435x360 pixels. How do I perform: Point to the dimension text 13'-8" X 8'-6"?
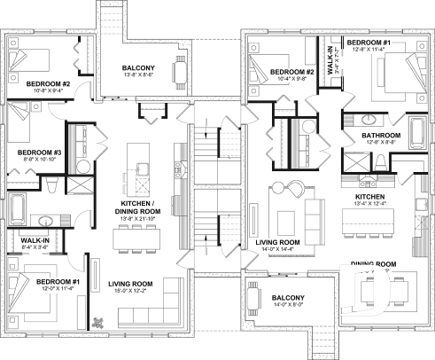point(139,75)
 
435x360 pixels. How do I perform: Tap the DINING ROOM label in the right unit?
point(373,264)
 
